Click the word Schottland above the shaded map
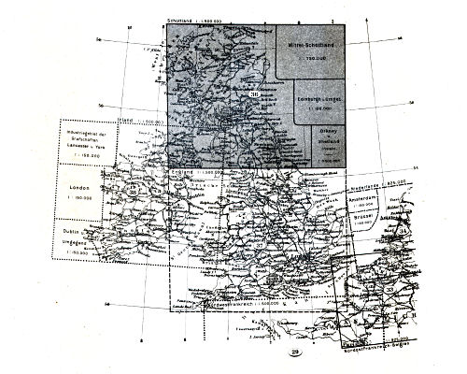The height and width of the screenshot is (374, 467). tap(182, 21)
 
